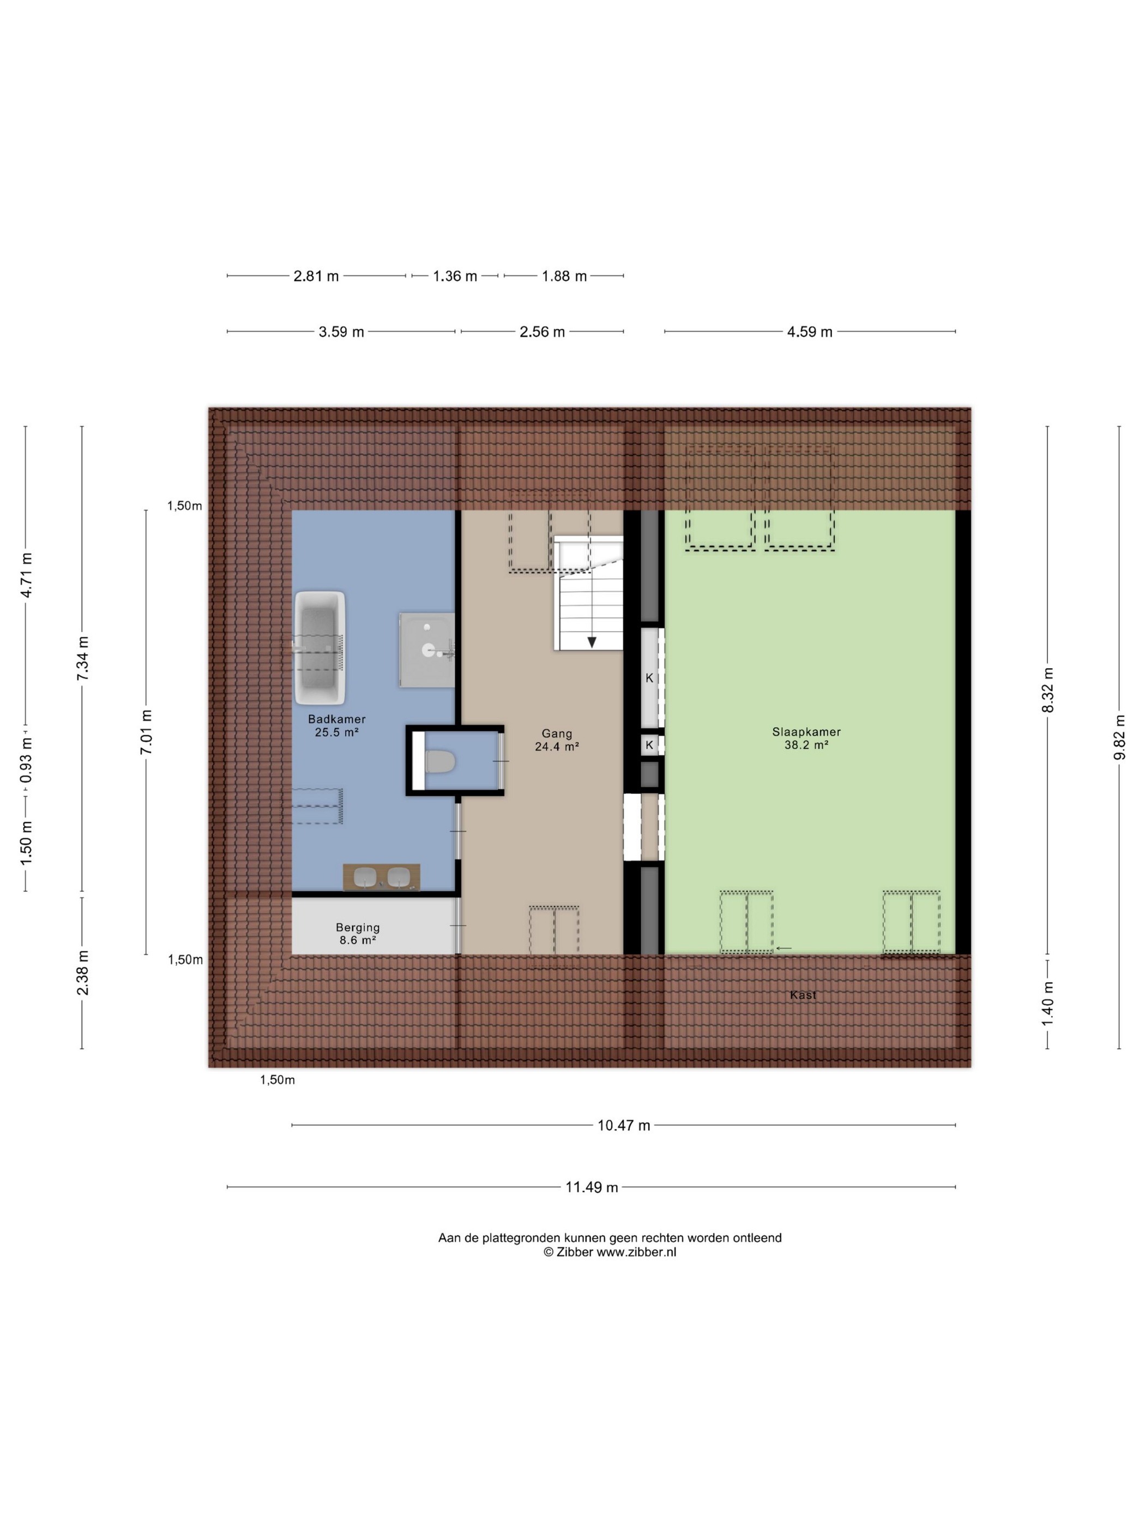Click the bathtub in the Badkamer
(320, 647)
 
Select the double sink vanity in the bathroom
(382, 877)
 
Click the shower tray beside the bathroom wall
(426, 650)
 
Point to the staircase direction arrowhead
(592, 642)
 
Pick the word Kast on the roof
(803, 995)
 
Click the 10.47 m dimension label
(624, 1125)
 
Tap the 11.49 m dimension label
(592, 1187)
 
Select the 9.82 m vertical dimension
(1119, 737)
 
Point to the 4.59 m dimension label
(810, 332)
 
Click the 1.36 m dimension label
(455, 276)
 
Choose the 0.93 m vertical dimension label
(26, 761)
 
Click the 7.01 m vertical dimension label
(146, 732)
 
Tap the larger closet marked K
(649, 678)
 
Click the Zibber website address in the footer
(636, 1252)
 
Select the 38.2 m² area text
(806, 745)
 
